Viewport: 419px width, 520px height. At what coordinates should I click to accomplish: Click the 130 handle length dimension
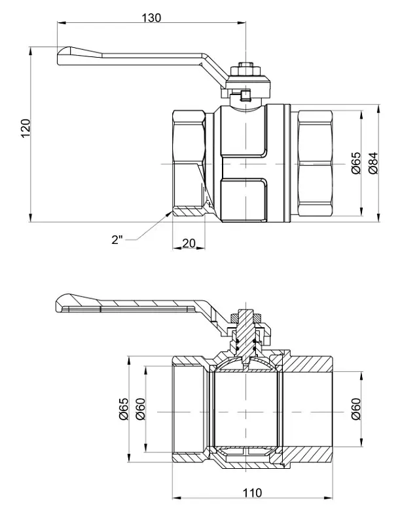(x=152, y=17)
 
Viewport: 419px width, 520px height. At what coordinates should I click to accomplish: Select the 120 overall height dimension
(x=26, y=128)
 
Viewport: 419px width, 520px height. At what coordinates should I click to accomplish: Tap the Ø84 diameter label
(x=373, y=163)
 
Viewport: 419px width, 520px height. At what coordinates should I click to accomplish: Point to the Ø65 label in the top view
(x=355, y=163)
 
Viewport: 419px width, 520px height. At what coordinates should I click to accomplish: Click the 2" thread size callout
(x=117, y=239)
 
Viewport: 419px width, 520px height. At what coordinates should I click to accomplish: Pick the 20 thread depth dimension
(x=189, y=243)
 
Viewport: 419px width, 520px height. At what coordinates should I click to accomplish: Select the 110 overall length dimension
(x=253, y=492)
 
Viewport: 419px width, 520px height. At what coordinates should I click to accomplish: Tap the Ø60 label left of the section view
(x=141, y=409)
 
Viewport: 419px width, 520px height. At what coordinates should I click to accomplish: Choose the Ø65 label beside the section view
(x=123, y=409)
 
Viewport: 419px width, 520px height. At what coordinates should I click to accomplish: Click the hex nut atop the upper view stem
(x=246, y=71)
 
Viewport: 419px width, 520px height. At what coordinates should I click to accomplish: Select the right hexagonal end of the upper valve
(x=316, y=163)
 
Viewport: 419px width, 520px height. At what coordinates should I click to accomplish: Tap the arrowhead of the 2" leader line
(x=169, y=214)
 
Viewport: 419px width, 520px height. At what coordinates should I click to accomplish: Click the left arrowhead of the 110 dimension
(x=176, y=498)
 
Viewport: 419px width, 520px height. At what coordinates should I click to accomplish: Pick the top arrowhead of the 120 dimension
(x=30, y=51)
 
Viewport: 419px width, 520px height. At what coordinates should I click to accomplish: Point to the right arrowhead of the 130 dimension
(x=242, y=22)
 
